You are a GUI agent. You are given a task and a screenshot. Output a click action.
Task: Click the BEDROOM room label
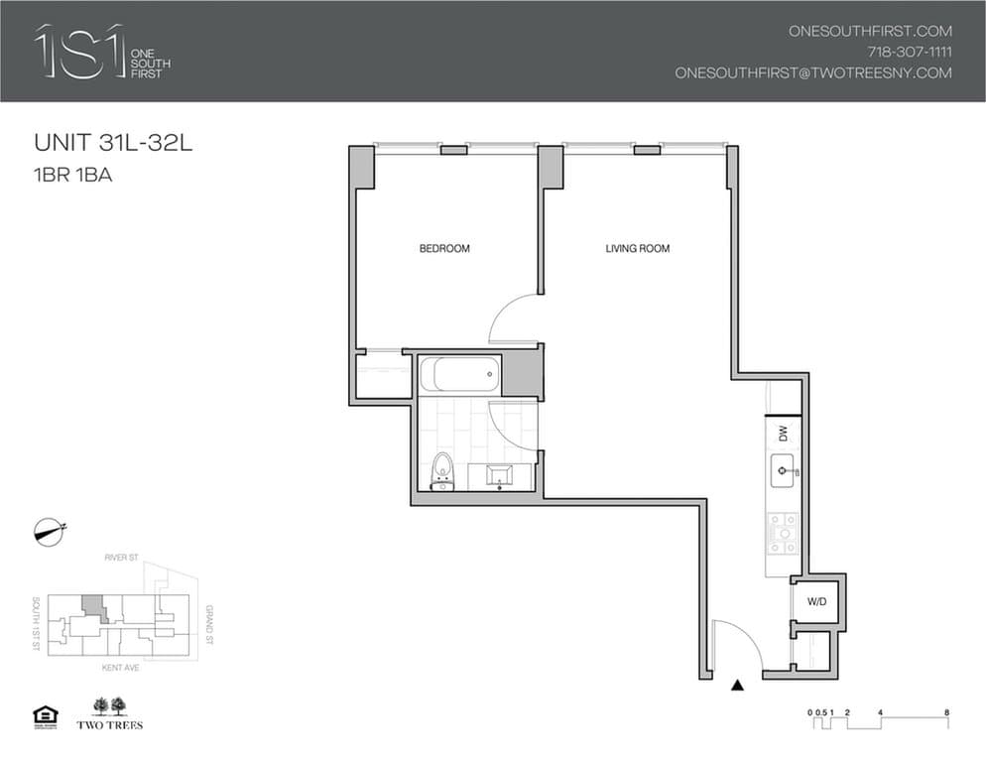pyautogui.click(x=444, y=248)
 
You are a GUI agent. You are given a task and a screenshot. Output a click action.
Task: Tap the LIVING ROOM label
pyautogui.click(x=637, y=248)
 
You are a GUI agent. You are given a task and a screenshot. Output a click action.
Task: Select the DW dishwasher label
pyautogui.click(x=782, y=434)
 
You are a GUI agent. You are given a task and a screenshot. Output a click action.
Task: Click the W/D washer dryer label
pyautogui.click(x=816, y=600)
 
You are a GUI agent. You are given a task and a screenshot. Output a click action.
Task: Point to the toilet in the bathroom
pyautogui.click(x=442, y=472)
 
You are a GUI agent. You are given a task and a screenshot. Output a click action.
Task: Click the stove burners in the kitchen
pyautogui.click(x=781, y=535)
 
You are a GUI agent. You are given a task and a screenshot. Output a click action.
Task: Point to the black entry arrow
pyautogui.click(x=736, y=685)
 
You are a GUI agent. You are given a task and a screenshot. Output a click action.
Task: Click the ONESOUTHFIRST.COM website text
pyautogui.click(x=869, y=31)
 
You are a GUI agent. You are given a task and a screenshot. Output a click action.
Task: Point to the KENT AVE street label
pyautogui.click(x=122, y=668)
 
